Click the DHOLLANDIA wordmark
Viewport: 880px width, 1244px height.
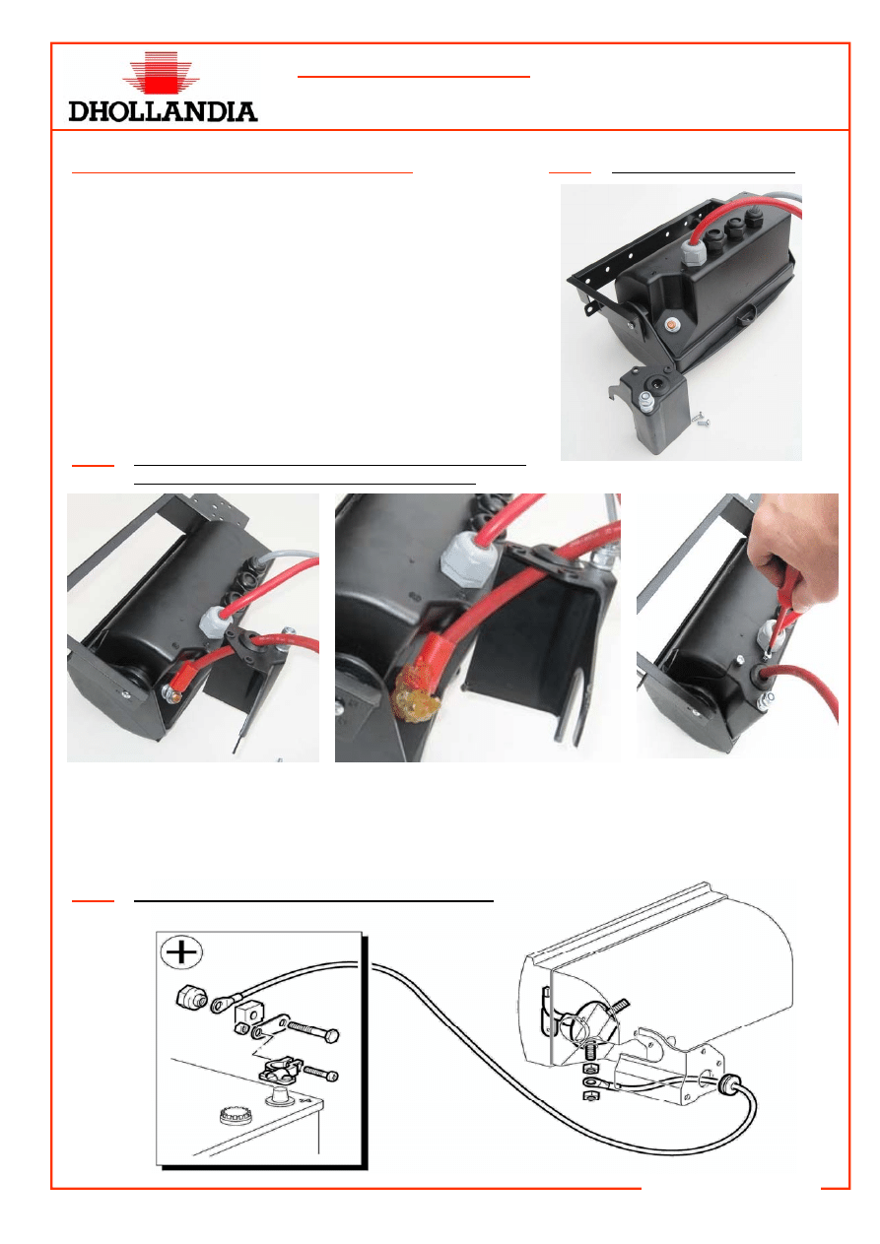(x=163, y=111)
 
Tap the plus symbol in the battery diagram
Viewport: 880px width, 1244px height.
(x=181, y=951)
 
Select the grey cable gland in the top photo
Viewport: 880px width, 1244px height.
(x=692, y=255)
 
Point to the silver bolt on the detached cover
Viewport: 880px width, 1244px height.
(x=645, y=402)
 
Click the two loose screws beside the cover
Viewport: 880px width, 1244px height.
(x=699, y=420)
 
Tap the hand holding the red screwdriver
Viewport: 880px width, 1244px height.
(x=799, y=556)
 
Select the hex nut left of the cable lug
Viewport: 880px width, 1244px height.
(x=191, y=998)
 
